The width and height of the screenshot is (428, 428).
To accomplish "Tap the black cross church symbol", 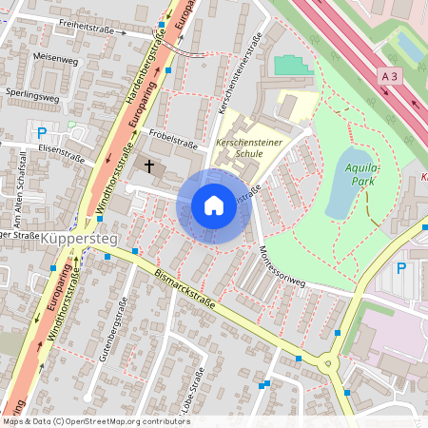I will point(148,166).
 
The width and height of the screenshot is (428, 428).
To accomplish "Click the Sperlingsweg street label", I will point(32,96).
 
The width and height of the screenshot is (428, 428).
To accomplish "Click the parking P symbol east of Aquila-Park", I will point(400,268).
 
